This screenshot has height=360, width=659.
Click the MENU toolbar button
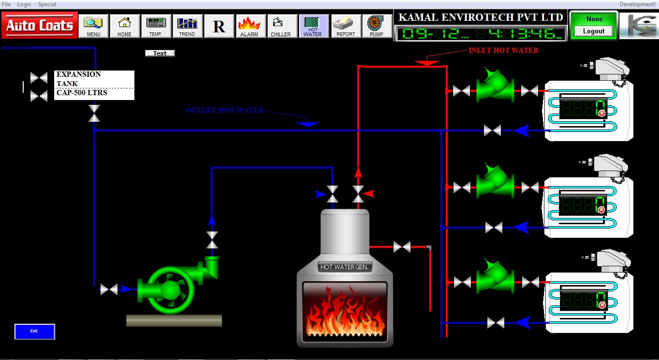click(x=94, y=26)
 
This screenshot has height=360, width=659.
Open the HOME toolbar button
click(x=125, y=26)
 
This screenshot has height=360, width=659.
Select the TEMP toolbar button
click(x=156, y=26)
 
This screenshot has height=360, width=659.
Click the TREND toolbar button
click(x=187, y=26)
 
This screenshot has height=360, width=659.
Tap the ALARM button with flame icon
click(x=249, y=26)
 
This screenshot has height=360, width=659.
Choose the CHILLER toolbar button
click(x=281, y=26)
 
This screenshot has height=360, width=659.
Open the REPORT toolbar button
click(x=346, y=26)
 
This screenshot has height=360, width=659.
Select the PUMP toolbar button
click(x=377, y=26)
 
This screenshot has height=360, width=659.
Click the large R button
click(x=219, y=26)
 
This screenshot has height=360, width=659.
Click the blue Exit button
click(x=34, y=331)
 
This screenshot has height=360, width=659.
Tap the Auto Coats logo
click(x=40, y=25)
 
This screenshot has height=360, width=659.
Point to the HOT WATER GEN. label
click(x=345, y=267)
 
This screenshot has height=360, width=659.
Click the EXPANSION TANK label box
click(x=94, y=85)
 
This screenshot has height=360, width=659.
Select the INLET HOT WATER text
click(x=503, y=50)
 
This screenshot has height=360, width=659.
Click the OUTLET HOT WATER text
click(x=225, y=111)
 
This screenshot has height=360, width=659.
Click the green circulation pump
click(x=170, y=289)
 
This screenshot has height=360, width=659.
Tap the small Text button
click(x=160, y=53)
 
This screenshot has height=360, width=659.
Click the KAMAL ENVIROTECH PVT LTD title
click(x=481, y=17)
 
